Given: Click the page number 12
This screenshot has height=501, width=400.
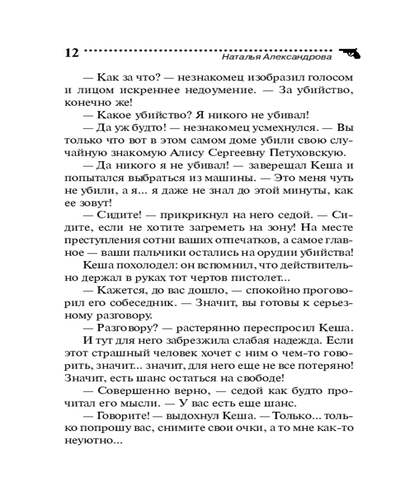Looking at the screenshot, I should (71, 53).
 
